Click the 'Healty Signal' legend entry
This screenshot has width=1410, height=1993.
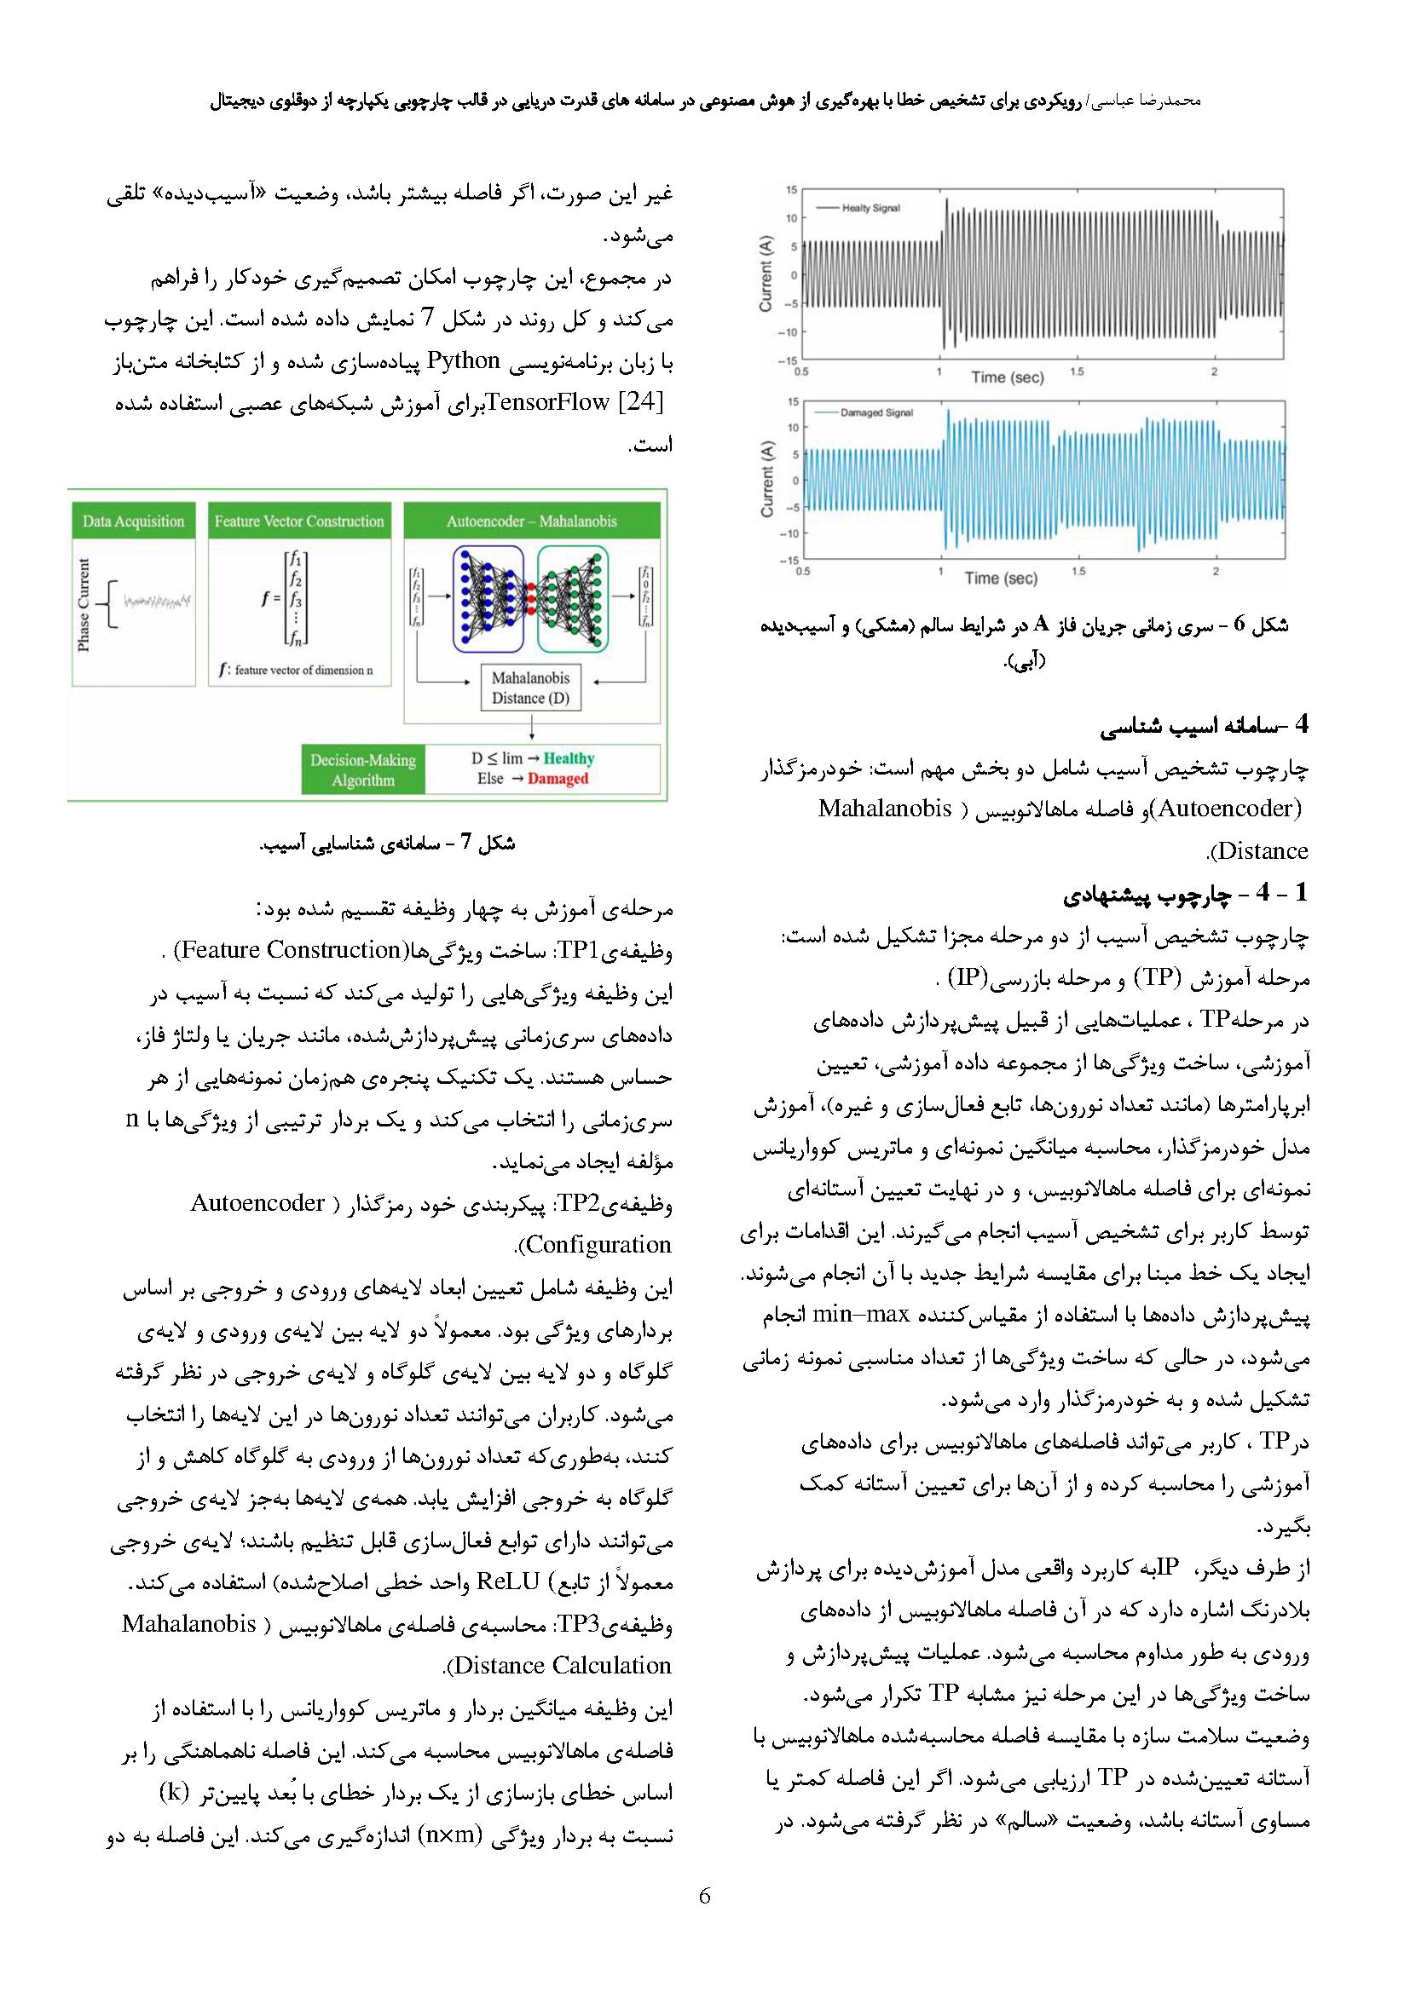871,208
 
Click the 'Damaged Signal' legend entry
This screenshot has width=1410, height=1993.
875,413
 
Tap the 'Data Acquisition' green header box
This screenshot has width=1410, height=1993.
134,521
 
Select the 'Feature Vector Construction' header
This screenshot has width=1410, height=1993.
299,521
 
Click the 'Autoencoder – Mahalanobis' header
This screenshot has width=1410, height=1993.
531,521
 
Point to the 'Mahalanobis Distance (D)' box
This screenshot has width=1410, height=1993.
530,688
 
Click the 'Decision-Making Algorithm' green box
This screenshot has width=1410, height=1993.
363,770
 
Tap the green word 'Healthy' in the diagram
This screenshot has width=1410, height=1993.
569,759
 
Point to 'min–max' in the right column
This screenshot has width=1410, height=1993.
859,1314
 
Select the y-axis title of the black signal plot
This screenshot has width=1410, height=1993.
765,275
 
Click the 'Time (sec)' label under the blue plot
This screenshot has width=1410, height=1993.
1000,578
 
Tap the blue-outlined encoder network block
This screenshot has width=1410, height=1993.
488,599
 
